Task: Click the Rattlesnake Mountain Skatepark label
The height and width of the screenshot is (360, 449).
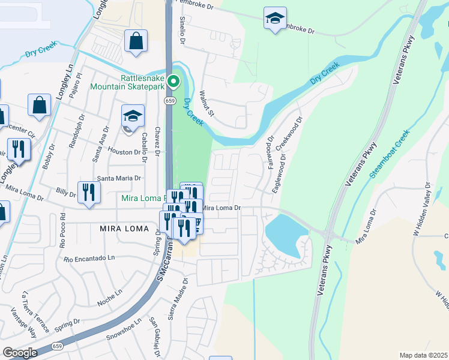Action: pos(126,82)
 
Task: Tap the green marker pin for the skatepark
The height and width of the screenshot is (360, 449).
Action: pos(173,81)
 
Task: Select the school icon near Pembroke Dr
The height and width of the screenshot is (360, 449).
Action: pos(275,19)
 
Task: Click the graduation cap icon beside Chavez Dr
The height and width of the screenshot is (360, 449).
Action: pos(133,116)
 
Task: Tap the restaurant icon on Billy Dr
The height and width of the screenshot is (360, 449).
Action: pos(89,193)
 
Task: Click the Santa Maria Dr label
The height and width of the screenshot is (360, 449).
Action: pos(119,178)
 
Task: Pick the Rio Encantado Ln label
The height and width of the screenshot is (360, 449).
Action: pos(89,259)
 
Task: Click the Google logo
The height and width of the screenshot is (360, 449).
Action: pos(20,353)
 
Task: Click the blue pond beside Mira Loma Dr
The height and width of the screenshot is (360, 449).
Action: pos(282,233)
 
